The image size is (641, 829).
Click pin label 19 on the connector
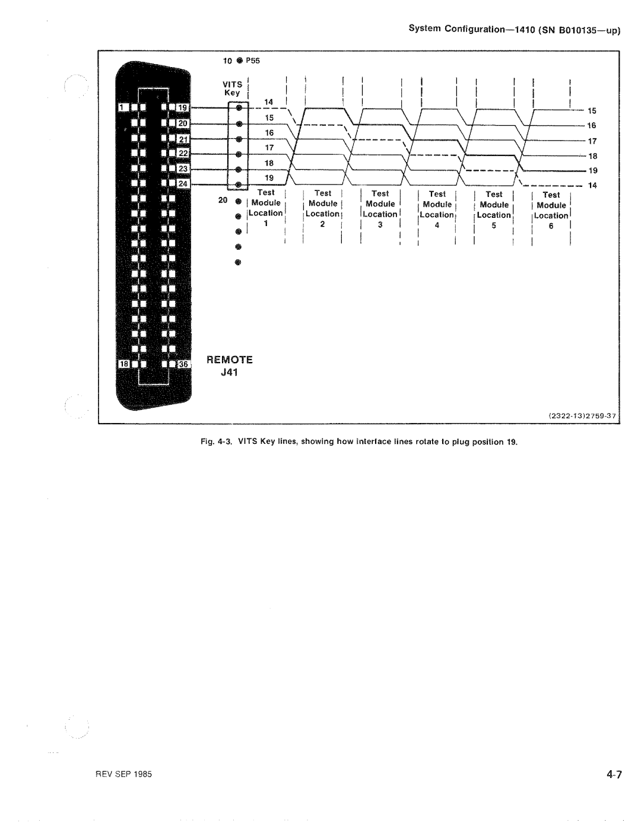coord(183,107)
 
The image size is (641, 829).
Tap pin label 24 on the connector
coord(183,184)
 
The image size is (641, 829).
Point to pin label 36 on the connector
coord(183,364)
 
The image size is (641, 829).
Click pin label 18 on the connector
coord(124,364)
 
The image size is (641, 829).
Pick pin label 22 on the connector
coord(183,153)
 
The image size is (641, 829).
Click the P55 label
coord(253,61)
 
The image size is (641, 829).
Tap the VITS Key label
coord(233,88)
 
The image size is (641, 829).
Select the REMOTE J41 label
coord(230,366)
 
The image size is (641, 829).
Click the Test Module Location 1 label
coord(266,208)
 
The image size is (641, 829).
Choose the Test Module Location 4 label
coord(437,209)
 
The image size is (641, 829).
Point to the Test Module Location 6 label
coord(551,210)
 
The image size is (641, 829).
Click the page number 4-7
coord(614,774)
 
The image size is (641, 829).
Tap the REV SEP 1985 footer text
coord(123,774)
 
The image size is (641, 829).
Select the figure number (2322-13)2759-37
coord(582,416)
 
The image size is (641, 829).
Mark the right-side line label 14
coord(592,186)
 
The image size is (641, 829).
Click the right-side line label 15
coord(592,111)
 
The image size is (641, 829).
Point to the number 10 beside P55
coord(227,61)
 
